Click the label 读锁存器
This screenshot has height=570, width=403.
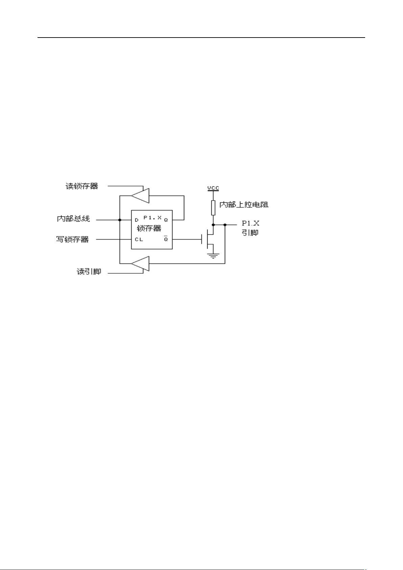[x=81, y=186]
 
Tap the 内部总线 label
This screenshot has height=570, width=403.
[x=73, y=219]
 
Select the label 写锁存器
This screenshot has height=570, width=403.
[x=72, y=240]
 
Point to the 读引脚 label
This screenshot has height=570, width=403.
[x=89, y=272]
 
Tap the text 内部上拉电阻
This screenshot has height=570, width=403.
[x=244, y=205]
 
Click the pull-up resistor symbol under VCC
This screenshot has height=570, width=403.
[x=213, y=208]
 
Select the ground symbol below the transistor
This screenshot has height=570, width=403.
[x=213, y=256]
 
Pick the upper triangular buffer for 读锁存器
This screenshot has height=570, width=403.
[x=140, y=196]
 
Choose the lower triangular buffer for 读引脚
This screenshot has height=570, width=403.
[x=140, y=264]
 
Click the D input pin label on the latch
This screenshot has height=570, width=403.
[x=137, y=220]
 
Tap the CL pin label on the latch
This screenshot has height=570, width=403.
[x=139, y=240]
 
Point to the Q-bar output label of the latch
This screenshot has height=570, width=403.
[x=166, y=239]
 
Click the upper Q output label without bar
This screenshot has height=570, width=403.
[x=166, y=220]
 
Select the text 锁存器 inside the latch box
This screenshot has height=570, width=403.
[x=149, y=228]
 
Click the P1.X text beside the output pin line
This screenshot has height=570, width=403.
[x=251, y=223]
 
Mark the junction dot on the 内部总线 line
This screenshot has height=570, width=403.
[x=120, y=220]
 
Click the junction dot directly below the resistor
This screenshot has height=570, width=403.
[x=213, y=224]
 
